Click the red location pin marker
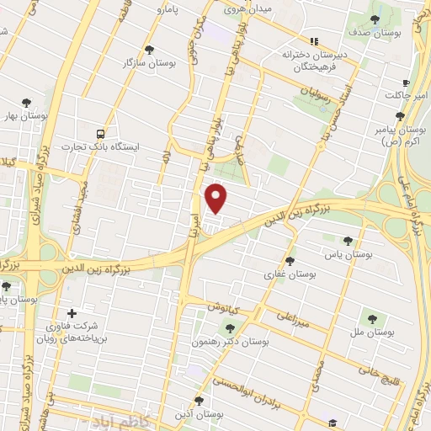pyautogui.click(x=217, y=197)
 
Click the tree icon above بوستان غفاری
pyautogui.click(x=290, y=261)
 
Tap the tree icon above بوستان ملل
pyautogui.click(x=372, y=319)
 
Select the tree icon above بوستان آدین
pyautogui.click(x=199, y=401)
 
